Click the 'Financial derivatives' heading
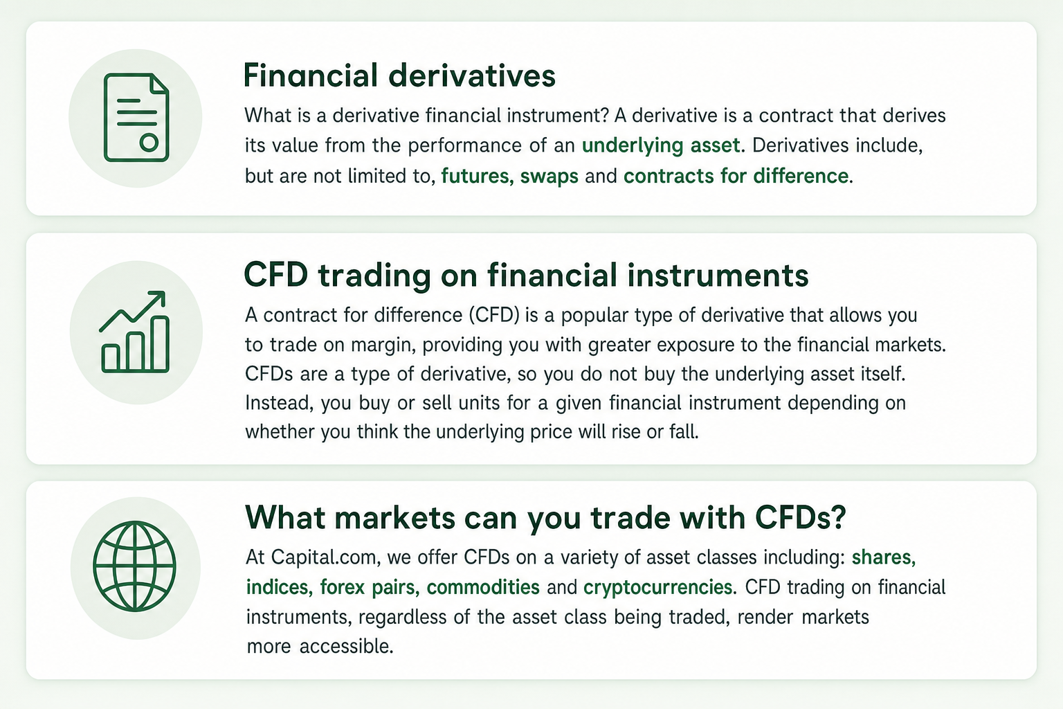pyautogui.click(x=399, y=75)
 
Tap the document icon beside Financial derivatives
pyautogui.click(x=136, y=117)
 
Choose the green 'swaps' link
pyautogui.click(x=549, y=177)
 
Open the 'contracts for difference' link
pyautogui.click(x=736, y=176)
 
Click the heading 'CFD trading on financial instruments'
pyautogui.click(x=526, y=275)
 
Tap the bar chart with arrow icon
pyautogui.click(x=135, y=332)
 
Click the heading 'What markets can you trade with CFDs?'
pyautogui.click(x=546, y=517)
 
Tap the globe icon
pyautogui.click(x=135, y=566)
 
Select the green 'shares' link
pyautogui.click(x=883, y=557)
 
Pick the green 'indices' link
pyautogui.click(x=279, y=587)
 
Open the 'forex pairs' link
pyautogui.click(x=369, y=587)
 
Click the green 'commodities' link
pyautogui.click(x=483, y=587)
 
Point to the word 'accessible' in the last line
pyautogui.click(x=346, y=646)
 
